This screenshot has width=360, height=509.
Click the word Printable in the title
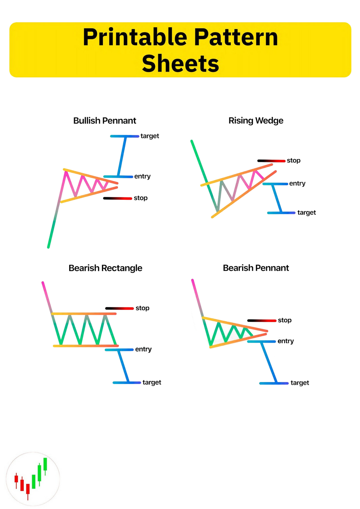pyautogui.click(x=135, y=38)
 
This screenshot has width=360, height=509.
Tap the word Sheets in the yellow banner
pyautogui.click(x=180, y=64)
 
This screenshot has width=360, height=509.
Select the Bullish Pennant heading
pyautogui.click(x=105, y=121)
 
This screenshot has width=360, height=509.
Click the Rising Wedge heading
pyautogui.click(x=256, y=121)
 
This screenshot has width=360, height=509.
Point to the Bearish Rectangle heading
pyautogui.click(x=105, y=268)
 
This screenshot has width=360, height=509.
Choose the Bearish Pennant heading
pyautogui.click(x=256, y=268)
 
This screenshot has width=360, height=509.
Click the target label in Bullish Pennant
pyautogui.click(x=150, y=136)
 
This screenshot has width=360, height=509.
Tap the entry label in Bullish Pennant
pyautogui.click(x=142, y=176)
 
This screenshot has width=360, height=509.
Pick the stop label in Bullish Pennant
pyautogui.click(x=140, y=198)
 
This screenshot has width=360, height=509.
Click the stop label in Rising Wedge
pyautogui.click(x=293, y=160)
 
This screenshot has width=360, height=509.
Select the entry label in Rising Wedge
pyautogui.click(x=297, y=184)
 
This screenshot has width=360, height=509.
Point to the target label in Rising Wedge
pyautogui.click(x=307, y=213)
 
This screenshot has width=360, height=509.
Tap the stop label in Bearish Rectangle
pyautogui.click(x=142, y=308)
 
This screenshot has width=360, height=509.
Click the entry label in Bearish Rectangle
pyautogui.click(x=143, y=349)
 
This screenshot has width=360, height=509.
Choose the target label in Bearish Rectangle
pyautogui.click(x=152, y=383)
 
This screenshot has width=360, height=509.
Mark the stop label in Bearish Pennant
pyautogui.click(x=284, y=320)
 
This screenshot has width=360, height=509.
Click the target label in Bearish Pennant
pyautogui.click(x=299, y=383)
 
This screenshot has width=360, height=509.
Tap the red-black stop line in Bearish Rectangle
pyautogui.click(x=119, y=308)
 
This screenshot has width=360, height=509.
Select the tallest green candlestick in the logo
pyautogui.click(x=45, y=464)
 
